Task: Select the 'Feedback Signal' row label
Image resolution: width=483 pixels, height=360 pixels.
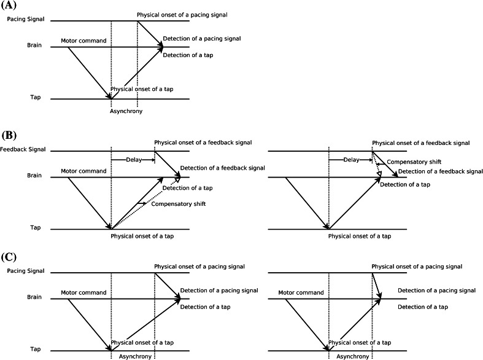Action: pyautogui.click(x=22, y=151)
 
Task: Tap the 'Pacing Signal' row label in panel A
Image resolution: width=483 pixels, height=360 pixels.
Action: pyautogui.click(x=25, y=20)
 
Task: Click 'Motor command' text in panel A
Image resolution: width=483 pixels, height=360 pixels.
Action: pyautogui.click(x=83, y=41)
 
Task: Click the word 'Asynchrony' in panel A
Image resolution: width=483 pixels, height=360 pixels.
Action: pyautogui.click(x=124, y=111)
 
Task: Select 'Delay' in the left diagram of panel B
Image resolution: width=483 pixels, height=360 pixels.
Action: pyautogui.click(x=132, y=160)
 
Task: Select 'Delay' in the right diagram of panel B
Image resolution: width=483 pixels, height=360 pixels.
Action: pyautogui.click(x=351, y=160)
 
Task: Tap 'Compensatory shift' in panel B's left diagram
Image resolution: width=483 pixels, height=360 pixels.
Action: pyautogui.click(x=177, y=203)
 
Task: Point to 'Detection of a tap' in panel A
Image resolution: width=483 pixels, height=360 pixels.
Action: pyautogui.click(x=190, y=55)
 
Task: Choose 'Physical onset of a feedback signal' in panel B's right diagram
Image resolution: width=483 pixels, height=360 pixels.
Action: pyautogui.click(x=421, y=143)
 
